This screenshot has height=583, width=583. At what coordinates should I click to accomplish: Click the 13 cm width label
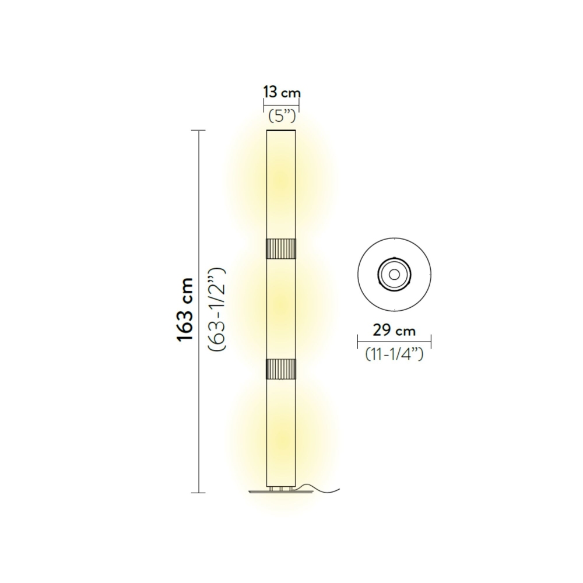(282, 93)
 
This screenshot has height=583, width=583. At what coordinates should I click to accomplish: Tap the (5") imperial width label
(283, 115)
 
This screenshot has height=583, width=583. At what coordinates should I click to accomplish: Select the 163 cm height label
(185, 310)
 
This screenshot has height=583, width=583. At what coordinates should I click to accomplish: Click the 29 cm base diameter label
(394, 331)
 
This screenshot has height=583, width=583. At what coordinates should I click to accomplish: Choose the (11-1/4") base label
(394, 353)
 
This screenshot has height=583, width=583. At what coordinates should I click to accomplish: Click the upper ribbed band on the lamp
(282, 248)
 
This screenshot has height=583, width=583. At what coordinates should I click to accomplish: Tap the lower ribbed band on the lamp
(282, 368)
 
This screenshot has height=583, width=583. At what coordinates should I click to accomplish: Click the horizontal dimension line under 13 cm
(282, 106)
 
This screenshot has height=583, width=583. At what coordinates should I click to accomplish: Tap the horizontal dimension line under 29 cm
(394, 342)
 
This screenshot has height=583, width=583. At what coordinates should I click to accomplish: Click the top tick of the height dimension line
(200, 130)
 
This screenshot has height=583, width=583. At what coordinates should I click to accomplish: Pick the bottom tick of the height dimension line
(200, 493)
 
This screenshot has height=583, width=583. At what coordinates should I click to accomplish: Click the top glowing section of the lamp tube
(282, 184)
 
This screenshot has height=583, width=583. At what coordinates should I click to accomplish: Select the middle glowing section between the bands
(282, 308)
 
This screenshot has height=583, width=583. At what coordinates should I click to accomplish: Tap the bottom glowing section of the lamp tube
(282, 431)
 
